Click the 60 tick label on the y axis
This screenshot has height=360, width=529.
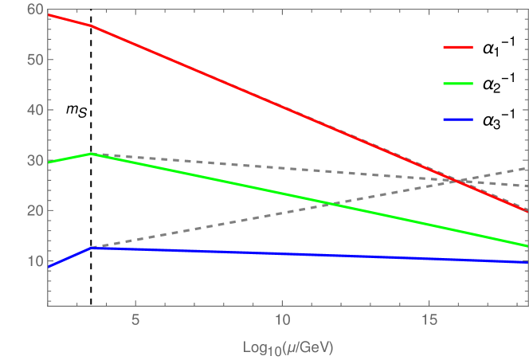tap(33, 10)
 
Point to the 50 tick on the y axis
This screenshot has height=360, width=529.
tap(33, 60)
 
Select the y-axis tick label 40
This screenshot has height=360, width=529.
tap(33, 110)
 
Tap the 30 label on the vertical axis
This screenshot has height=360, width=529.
tap(33, 160)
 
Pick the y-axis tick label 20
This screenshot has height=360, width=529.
tap(33, 210)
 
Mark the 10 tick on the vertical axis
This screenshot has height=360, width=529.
tap(33, 260)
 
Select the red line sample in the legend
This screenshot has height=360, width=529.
tap(458, 47)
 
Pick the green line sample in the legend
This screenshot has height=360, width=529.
tap(458, 83)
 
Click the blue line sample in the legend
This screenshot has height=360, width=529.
tap(458, 119)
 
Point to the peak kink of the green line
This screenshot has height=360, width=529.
tap(92, 153)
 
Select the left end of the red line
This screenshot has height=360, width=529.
tap(48, 14)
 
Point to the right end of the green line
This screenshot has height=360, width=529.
tap(527, 245)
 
